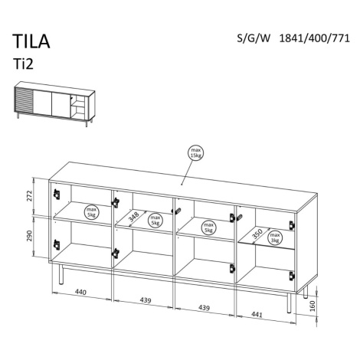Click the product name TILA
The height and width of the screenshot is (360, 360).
tap(31, 41)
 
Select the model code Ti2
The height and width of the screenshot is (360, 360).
tap(24, 64)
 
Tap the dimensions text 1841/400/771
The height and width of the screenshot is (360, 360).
tap(314, 38)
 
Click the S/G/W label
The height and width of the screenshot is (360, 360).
tap(254, 38)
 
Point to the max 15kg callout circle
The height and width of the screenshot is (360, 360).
tap(196, 153)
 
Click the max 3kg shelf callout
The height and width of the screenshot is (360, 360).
tap(275, 237)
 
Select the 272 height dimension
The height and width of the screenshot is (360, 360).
tap(30, 195)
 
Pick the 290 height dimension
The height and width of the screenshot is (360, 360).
tap(30, 236)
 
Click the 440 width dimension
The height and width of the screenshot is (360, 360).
tap(80, 292)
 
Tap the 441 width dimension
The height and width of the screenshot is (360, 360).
tap(257, 314)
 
